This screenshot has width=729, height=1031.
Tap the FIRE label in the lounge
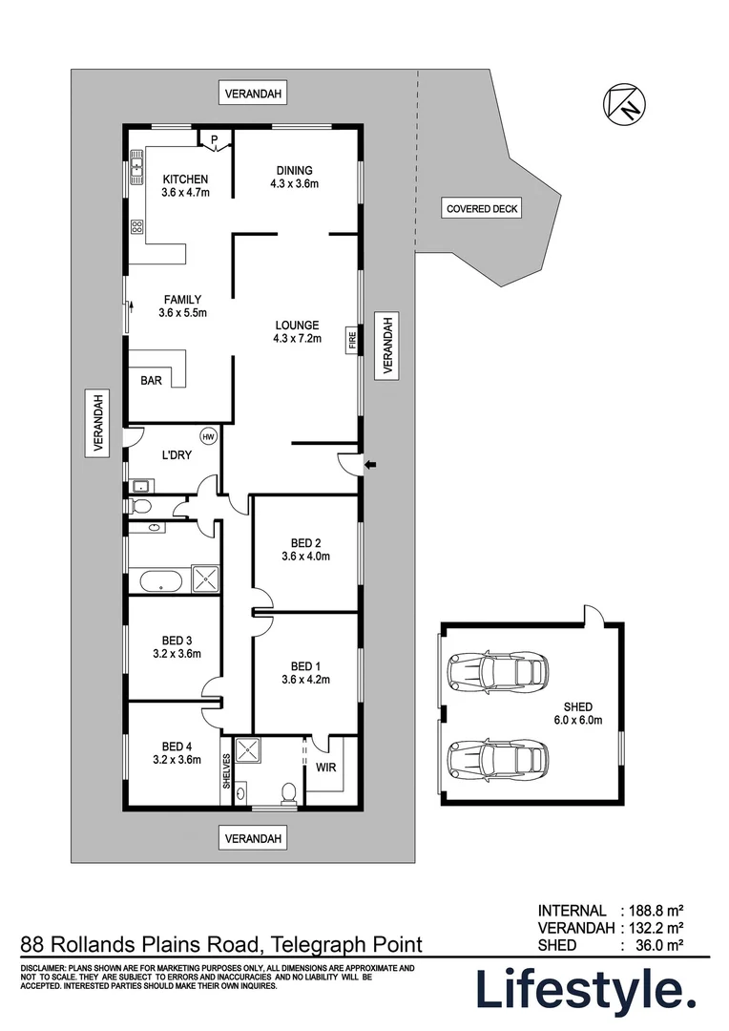352,341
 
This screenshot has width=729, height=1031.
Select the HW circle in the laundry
208,435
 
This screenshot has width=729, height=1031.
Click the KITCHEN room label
185,179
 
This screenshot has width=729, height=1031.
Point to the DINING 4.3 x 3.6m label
294,177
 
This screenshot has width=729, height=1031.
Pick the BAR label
151,380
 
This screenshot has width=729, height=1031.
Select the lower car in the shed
496,760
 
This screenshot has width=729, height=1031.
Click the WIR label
325,768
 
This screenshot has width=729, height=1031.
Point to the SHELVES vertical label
227,772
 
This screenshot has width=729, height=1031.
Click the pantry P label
215,139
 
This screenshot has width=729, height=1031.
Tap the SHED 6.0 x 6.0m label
579,714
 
